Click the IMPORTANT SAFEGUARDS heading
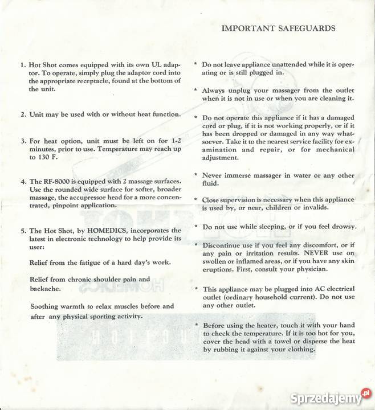[278, 27]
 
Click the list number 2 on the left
[23, 114]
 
